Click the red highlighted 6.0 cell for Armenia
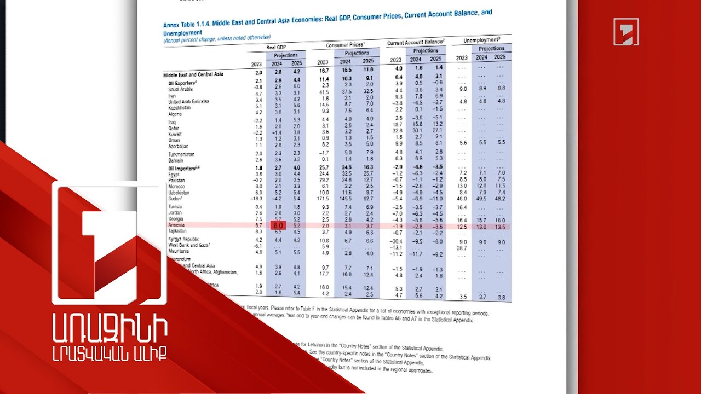[278, 225]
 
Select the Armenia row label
[176, 225]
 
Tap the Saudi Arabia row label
[180, 89]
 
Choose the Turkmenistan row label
[181, 154]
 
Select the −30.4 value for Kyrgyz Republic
[395, 241]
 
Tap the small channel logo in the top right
[626, 31]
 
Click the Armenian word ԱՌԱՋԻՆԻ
[110, 328]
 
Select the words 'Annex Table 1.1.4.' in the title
[187, 25]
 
